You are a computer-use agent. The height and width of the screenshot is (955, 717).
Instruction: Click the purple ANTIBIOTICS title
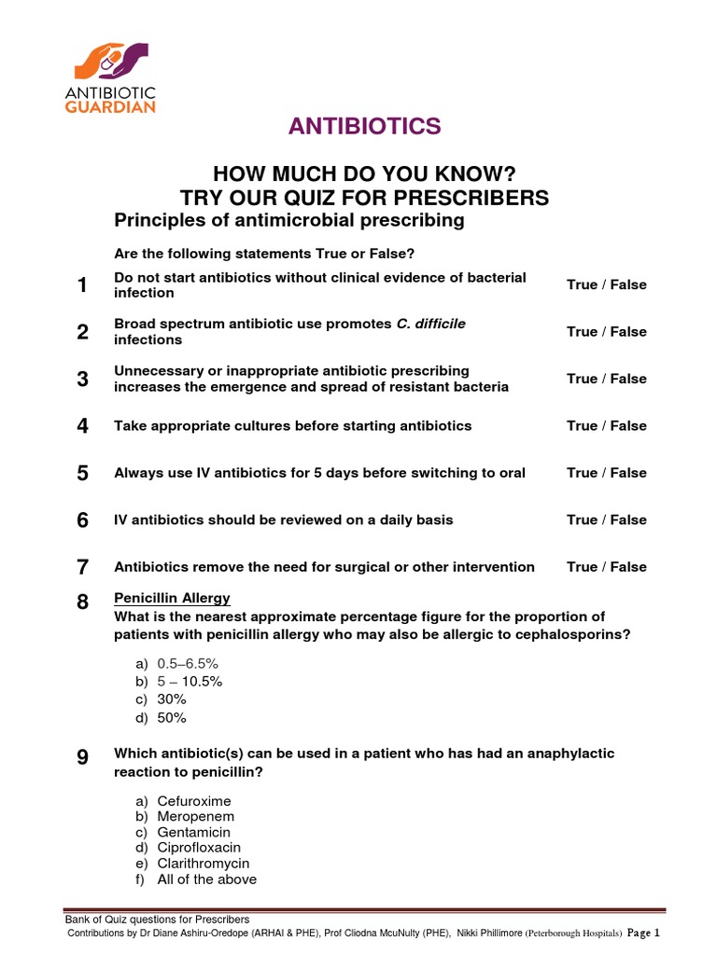coord(363,127)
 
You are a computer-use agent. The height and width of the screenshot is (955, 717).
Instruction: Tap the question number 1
coord(83,285)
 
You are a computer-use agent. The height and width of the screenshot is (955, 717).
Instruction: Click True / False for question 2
coord(606,332)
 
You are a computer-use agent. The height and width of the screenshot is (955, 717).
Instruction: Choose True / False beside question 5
coord(606,473)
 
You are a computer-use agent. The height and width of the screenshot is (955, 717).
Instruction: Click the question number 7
coord(83,567)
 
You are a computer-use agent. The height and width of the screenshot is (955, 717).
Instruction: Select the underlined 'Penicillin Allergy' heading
coord(172,598)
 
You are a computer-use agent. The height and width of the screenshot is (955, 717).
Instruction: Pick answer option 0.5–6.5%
coord(188,663)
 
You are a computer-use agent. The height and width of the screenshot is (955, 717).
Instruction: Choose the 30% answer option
coord(172,699)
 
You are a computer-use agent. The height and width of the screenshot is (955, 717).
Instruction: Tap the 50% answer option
coord(172,717)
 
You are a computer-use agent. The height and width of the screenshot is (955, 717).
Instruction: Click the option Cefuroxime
coord(193,801)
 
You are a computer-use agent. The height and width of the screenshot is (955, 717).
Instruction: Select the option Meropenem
coord(195,817)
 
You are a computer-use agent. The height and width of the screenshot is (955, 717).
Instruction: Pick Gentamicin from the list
coord(193,832)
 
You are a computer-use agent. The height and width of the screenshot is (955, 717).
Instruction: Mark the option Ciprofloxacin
coord(198,848)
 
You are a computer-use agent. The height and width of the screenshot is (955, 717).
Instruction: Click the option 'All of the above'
coord(206,879)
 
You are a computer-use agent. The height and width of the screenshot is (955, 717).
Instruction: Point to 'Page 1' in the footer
coord(643,933)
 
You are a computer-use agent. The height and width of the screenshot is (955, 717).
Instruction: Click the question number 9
coord(83,759)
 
